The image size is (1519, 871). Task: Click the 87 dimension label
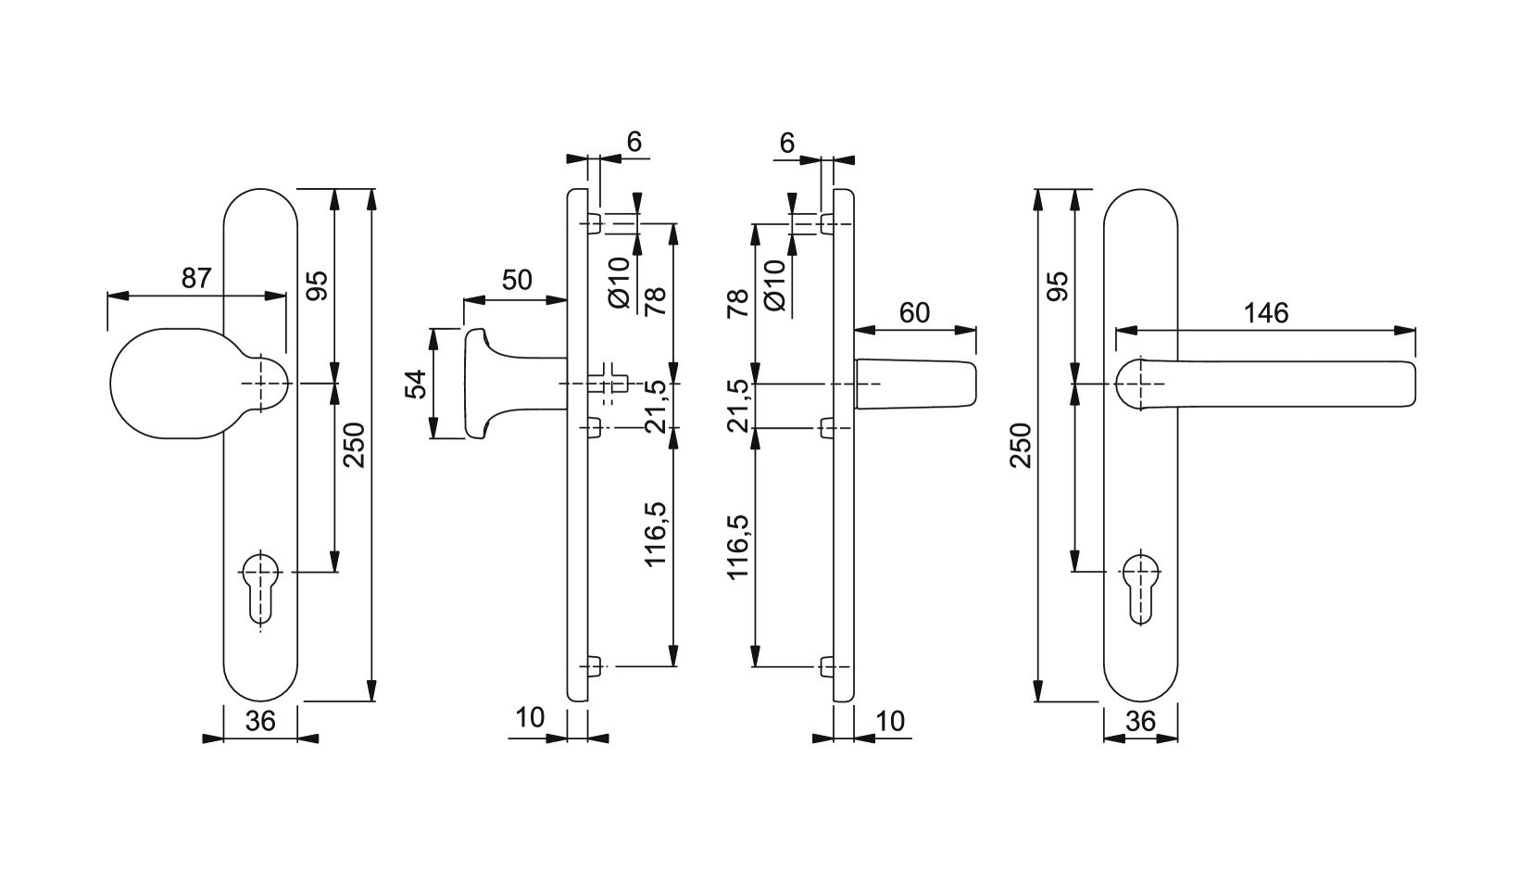[x=196, y=278]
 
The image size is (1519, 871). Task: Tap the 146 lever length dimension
[x=1266, y=312]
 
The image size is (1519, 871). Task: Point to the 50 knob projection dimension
[x=518, y=280]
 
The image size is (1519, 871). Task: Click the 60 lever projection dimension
[x=914, y=312]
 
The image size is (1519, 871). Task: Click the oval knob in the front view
[x=201, y=384]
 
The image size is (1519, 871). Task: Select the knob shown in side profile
[x=515, y=384]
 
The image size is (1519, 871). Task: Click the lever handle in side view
[x=915, y=385]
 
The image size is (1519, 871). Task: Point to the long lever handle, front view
[x=1265, y=385]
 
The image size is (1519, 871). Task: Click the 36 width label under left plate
[x=260, y=721]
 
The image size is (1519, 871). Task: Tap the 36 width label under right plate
[x=1140, y=721]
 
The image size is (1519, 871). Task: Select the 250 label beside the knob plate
[x=354, y=445]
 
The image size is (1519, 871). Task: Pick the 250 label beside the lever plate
[x=1021, y=445]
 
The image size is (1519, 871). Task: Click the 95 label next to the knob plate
[x=317, y=284]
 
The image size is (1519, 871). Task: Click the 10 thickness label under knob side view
[x=531, y=718]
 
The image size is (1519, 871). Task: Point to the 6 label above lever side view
[x=786, y=143]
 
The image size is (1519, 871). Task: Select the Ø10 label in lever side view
[x=774, y=284]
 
